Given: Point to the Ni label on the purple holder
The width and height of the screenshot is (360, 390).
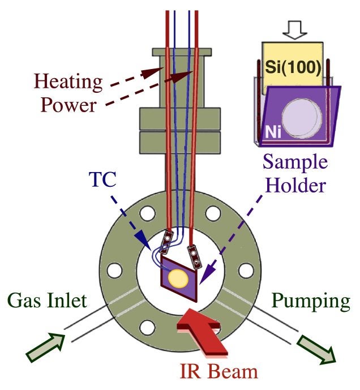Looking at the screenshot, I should [x=271, y=133].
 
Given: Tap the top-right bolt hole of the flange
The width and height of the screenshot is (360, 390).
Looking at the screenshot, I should [x=213, y=213].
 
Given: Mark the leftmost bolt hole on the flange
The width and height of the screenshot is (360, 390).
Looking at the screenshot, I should [x=115, y=270].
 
